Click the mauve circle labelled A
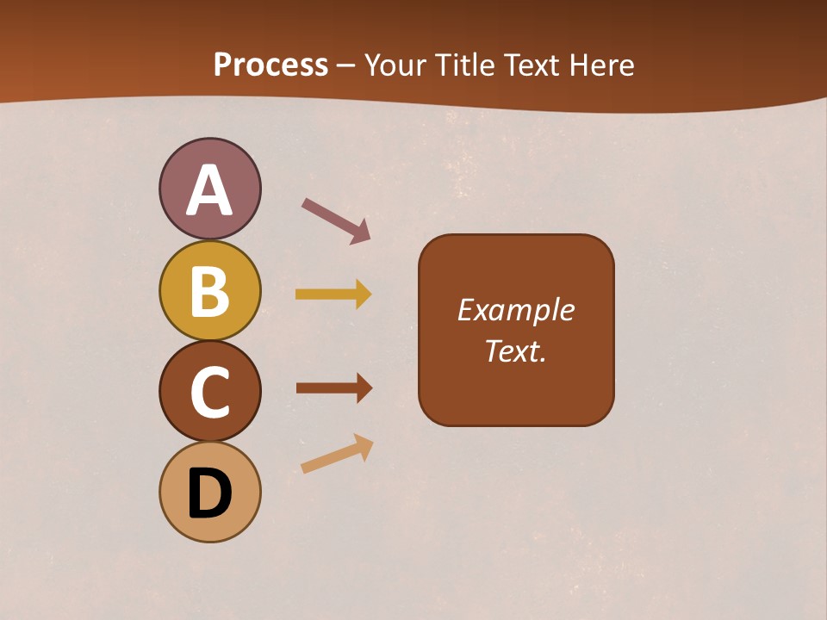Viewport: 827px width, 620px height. [209, 189]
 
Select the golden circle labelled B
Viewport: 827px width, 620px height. [209, 290]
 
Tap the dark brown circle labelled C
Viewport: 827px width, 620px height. [209, 391]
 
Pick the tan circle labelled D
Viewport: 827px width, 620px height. [209, 492]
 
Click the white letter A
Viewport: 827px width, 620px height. [209, 190]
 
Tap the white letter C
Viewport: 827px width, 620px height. [209, 392]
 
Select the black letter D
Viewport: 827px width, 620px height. [209, 493]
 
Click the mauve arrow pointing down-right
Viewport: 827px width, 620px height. [335, 220]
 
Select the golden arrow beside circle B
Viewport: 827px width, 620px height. [333, 294]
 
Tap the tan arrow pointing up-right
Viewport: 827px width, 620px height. [337, 454]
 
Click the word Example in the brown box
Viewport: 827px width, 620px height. [515, 310]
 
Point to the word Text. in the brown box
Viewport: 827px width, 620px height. [515, 350]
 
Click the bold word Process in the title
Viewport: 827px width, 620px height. [270, 65]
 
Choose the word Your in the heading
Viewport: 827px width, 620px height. [396, 65]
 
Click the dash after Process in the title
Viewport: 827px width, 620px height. [346, 66]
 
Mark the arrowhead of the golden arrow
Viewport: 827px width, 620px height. [364, 294]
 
